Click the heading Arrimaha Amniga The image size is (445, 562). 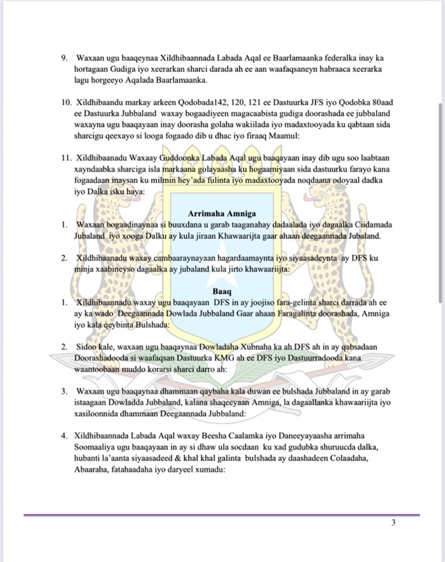221,214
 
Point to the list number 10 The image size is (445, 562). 65,102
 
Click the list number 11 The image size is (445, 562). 65,158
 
